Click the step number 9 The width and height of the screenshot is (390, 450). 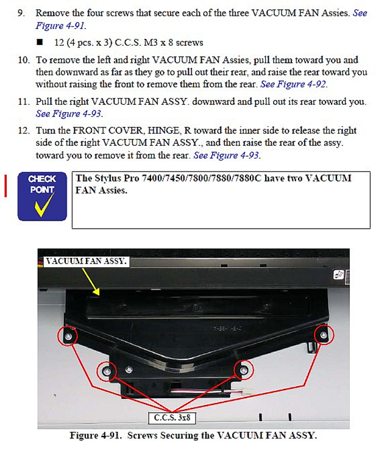[21, 13]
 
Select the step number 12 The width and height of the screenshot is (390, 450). [24, 131]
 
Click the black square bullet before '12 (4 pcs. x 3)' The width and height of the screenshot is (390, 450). [40, 43]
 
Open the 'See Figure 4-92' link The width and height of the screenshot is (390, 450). [293, 84]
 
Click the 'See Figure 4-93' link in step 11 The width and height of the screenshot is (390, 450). [69, 114]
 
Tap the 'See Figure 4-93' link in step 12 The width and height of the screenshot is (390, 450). [227, 155]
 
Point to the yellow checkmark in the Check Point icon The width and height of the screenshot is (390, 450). [44, 205]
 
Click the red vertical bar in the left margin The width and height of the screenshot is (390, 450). [5, 186]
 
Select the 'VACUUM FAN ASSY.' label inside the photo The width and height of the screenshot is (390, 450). [86, 261]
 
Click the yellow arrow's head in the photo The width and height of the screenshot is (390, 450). [97, 291]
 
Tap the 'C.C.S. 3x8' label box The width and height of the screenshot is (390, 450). [172, 418]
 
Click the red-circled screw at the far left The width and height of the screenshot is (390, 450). [68, 336]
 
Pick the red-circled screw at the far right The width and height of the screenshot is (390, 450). [324, 335]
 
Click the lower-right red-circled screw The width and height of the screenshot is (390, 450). [244, 370]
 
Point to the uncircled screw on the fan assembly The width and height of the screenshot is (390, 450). [129, 370]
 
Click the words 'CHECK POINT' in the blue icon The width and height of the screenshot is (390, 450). [42, 184]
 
